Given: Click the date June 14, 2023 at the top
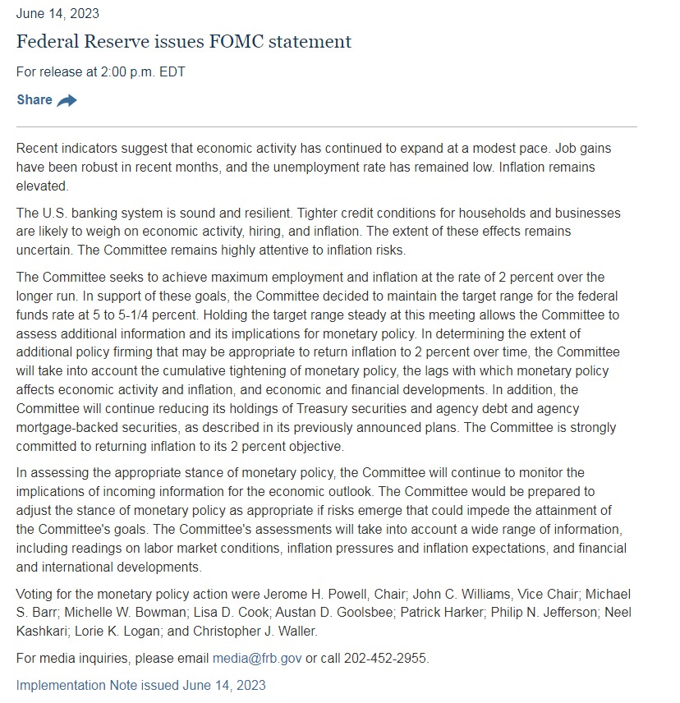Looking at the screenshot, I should tap(57, 14).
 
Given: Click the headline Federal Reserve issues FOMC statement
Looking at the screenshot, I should tap(184, 41).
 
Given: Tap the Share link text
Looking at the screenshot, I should tap(34, 99).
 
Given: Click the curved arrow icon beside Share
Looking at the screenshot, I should tap(67, 100).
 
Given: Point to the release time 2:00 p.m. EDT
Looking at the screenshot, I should tap(143, 71).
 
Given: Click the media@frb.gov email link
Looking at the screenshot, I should tap(257, 658).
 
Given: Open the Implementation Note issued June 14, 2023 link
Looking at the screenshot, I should tap(141, 684).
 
